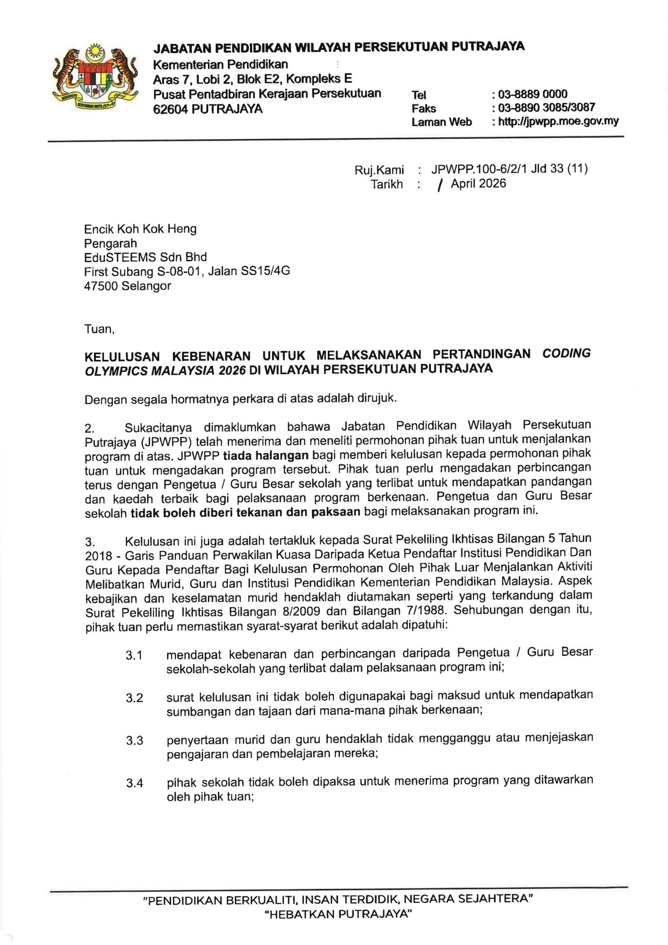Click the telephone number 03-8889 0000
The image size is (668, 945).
[532, 94]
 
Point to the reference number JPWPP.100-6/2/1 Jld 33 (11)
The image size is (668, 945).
[509, 169]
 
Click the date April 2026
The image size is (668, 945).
[478, 184]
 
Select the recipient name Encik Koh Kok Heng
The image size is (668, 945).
[140, 229]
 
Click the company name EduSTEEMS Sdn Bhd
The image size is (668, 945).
[146, 257]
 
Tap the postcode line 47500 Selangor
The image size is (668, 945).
[128, 285]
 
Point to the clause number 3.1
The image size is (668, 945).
[134, 655]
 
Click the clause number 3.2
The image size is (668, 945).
[134, 697]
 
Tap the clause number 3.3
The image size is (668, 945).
[134, 740]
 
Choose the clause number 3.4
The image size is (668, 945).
[134, 783]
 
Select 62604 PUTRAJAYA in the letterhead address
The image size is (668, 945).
[208, 109]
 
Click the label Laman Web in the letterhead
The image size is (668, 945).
[441, 122]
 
